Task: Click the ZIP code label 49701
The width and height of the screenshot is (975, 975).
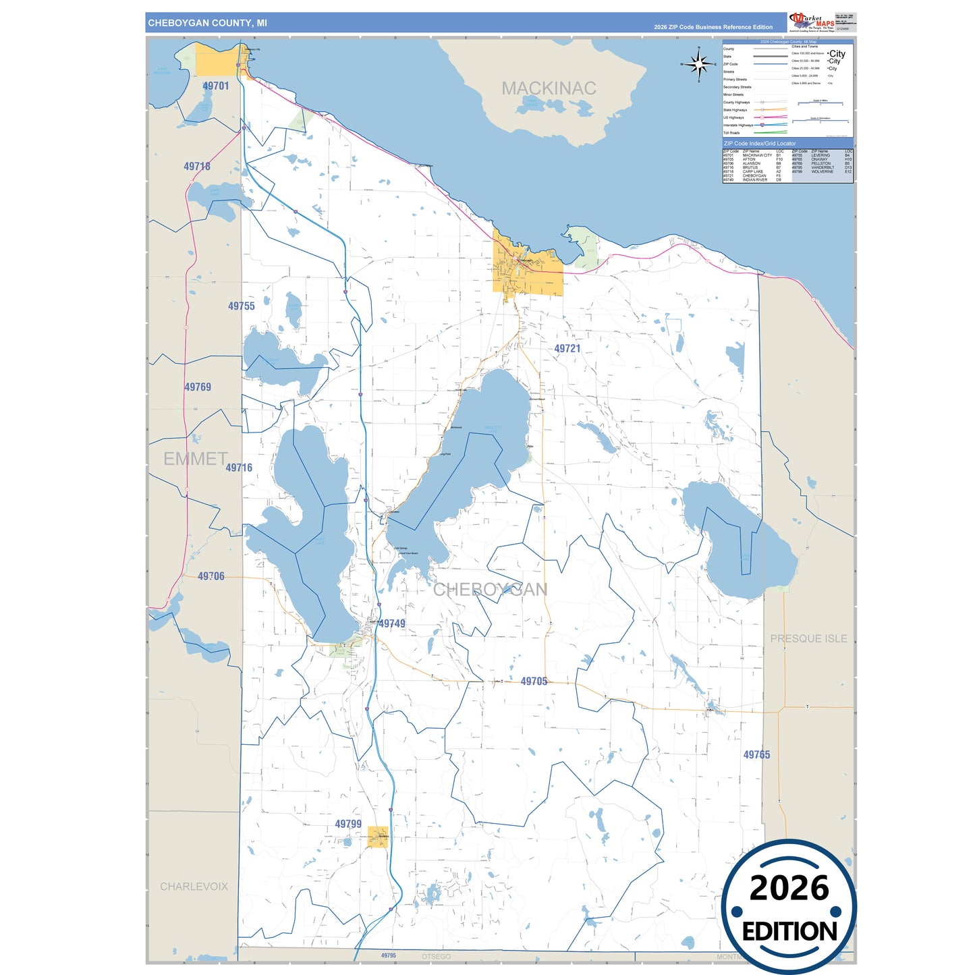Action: [216, 86]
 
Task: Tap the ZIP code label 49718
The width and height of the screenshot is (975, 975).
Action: [197, 167]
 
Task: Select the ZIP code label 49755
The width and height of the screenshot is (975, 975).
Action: [242, 306]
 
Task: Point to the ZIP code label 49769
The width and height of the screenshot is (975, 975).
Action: [198, 387]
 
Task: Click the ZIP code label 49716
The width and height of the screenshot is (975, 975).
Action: [239, 468]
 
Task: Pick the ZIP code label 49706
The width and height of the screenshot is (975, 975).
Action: [211, 576]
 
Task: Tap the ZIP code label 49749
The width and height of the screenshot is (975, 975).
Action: [392, 623]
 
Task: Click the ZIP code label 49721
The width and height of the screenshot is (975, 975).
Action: [567, 349]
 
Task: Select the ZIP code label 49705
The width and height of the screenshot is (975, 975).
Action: [534, 681]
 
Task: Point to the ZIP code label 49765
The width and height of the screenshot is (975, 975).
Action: [756, 755]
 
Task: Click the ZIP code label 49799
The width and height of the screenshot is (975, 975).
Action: [348, 824]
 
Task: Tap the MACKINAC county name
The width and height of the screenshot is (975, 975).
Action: [549, 88]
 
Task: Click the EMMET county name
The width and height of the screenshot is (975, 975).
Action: [195, 459]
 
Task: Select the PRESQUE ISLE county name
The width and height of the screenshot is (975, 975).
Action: [808, 638]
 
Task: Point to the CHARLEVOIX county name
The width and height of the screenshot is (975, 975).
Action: [194, 887]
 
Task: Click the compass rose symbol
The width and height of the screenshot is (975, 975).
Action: [699, 65]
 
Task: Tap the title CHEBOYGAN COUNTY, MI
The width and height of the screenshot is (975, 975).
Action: [207, 23]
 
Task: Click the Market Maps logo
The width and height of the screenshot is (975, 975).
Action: [811, 22]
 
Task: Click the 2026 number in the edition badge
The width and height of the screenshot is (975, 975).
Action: [789, 888]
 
